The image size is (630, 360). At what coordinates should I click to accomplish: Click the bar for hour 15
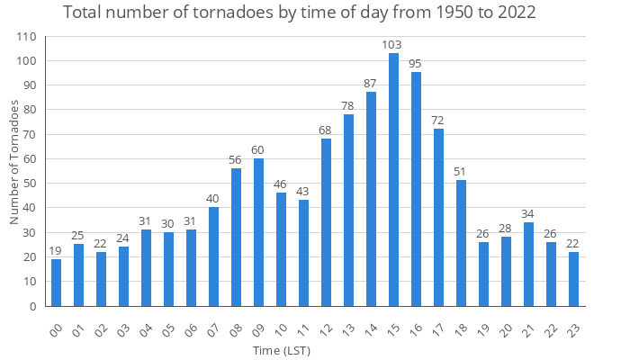click(393, 179)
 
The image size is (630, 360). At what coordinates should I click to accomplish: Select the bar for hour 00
click(57, 283)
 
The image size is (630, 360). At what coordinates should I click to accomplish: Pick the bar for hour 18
click(461, 243)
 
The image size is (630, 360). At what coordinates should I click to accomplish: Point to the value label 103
click(393, 44)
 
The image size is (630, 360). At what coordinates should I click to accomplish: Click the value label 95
click(416, 64)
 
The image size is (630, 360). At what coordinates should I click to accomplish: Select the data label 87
click(371, 84)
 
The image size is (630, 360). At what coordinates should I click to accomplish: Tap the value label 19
click(57, 250)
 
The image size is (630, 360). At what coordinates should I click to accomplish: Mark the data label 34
click(528, 213)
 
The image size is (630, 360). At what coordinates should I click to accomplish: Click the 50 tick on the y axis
click(30, 184)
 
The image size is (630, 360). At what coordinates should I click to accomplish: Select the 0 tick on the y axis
click(33, 306)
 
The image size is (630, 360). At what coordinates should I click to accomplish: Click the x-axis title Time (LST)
click(282, 350)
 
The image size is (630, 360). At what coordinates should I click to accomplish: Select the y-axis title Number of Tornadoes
click(14, 162)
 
